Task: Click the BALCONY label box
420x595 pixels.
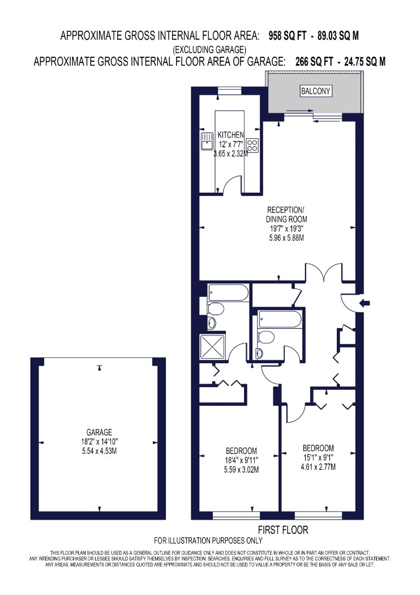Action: (x=315, y=91)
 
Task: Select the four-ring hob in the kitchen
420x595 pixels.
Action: (x=252, y=144)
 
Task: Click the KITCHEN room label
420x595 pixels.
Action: (x=230, y=135)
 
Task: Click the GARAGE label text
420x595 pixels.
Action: (x=99, y=432)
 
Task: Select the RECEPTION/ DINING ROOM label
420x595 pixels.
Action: (x=286, y=214)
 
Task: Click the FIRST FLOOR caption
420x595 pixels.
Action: (x=283, y=530)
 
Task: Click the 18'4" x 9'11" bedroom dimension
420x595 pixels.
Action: (x=241, y=460)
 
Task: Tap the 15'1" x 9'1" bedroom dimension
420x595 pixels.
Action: (x=318, y=458)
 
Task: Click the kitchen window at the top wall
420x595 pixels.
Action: (x=230, y=91)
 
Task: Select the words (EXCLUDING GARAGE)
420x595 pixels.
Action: (x=209, y=49)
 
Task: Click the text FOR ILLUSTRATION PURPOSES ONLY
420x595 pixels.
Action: (x=208, y=541)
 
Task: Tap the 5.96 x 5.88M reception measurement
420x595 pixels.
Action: (x=286, y=238)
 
